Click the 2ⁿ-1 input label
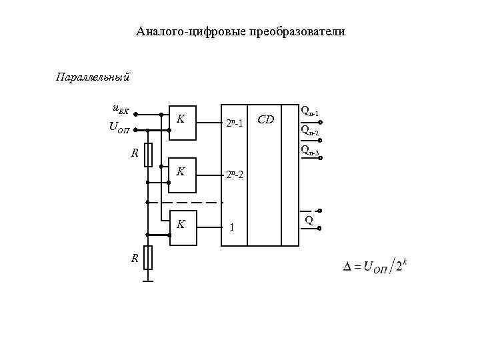(237, 123)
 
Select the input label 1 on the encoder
(231, 227)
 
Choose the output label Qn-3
(310, 150)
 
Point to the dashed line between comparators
(185, 201)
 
